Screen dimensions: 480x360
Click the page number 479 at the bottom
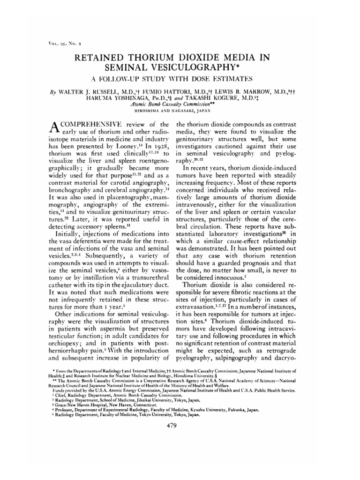coord(180,426)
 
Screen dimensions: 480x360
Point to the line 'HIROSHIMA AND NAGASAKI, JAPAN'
coord(180,111)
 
